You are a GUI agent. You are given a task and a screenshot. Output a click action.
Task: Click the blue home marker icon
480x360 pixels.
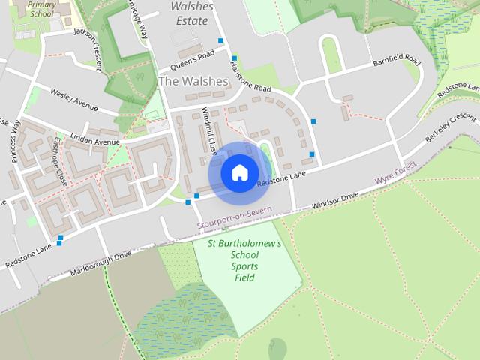(239, 173)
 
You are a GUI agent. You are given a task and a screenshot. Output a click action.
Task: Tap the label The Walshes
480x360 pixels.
(193, 80)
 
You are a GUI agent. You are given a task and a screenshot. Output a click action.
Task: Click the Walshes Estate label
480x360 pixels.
(191, 13)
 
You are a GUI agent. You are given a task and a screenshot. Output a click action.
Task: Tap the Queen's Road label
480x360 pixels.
(193, 55)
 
